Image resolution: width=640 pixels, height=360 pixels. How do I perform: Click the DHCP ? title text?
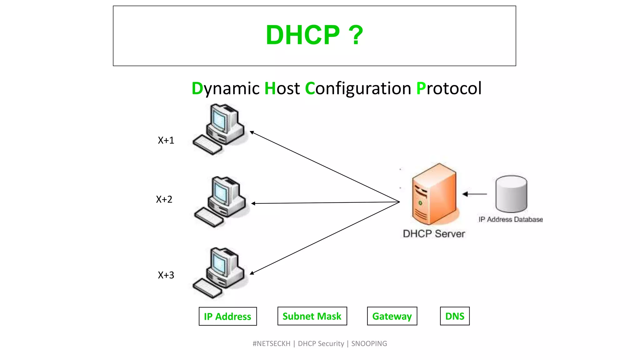tap(314, 35)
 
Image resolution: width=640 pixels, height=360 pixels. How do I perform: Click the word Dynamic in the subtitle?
tap(225, 88)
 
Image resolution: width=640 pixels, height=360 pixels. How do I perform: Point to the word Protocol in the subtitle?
tap(449, 88)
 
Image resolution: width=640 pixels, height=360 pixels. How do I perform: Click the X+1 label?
tap(166, 140)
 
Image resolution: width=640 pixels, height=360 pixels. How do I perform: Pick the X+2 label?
tap(164, 199)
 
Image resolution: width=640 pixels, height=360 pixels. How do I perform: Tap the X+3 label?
tap(166, 275)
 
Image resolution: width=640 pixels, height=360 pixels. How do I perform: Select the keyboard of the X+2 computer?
tap(209, 217)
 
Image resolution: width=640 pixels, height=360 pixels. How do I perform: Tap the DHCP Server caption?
tap(433, 234)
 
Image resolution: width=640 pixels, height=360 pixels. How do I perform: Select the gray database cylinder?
tap(511, 194)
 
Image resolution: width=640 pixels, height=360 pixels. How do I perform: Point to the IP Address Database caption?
tap(510, 220)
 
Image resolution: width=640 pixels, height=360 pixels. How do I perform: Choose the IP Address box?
tap(227, 316)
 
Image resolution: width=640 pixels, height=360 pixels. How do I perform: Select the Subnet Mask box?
tap(312, 316)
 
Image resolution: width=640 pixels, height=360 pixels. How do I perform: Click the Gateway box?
tap(392, 316)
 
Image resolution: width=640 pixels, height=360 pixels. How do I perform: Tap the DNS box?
tap(454, 316)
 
